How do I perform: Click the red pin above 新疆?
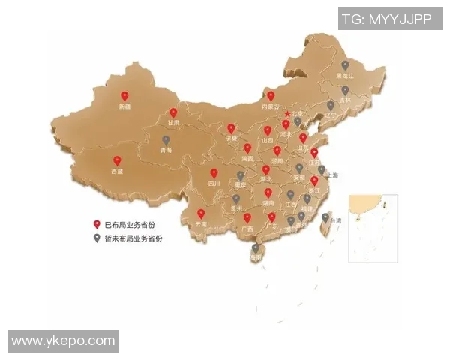[124, 96]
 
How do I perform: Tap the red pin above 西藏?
[117, 160]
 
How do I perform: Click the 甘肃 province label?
[173, 121]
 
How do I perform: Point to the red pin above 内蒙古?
[271, 96]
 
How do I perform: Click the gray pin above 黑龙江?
[345, 65]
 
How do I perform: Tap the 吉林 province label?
[345, 100]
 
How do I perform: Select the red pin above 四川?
[214, 173]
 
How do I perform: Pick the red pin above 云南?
[200, 214]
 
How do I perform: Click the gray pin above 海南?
[256, 247]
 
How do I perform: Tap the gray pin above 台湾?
[325, 218]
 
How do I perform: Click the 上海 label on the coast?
[332, 175]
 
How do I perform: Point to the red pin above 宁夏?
[231, 128]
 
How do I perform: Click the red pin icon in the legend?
[96, 224]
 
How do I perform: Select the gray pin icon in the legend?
[96, 238]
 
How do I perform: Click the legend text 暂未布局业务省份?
[133, 238]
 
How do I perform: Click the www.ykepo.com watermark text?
[64, 341]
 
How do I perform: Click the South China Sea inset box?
[373, 227]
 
